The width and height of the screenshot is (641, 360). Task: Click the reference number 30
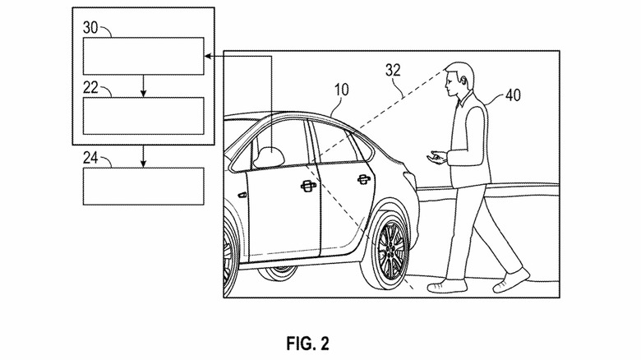(x=90, y=26)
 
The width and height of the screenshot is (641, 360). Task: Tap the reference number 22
(x=90, y=86)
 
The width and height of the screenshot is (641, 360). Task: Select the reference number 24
(x=90, y=156)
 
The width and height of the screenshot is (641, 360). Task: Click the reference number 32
(x=394, y=71)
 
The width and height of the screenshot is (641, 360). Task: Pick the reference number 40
(x=512, y=95)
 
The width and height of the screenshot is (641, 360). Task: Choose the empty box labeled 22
(x=142, y=115)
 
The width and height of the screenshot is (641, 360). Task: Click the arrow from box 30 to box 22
(x=143, y=85)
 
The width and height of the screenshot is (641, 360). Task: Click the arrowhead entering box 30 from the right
(x=209, y=56)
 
